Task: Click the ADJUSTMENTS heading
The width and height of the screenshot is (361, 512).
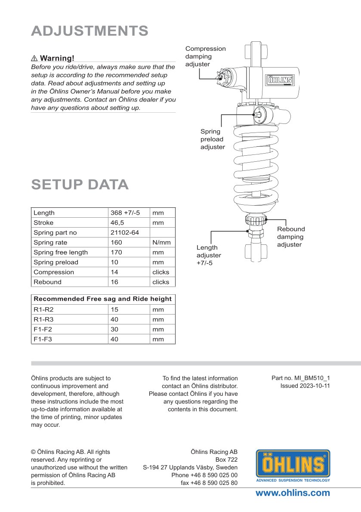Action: (x=90, y=31)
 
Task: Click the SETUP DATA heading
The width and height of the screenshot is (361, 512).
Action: (x=80, y=184)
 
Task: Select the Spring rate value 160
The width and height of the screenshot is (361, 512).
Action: (x=117, y=243)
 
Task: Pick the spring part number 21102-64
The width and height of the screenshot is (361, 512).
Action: (x=125, y=233)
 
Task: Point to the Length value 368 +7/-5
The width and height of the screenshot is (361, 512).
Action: (x=125, y=213)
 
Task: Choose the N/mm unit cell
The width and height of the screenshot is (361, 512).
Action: (x=161, y=243)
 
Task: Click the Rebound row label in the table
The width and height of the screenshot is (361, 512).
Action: (x=47, y=282)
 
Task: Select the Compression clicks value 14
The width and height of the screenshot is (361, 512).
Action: (x=114, y=272)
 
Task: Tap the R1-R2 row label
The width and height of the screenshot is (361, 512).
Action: (x=43, y=310)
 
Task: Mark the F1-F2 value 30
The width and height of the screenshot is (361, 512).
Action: (x=114, y=330)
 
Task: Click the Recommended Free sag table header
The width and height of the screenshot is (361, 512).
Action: (x=103, y=299)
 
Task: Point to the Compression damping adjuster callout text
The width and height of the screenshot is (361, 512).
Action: (x=205, y=56)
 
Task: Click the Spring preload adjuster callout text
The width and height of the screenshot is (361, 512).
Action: (x=213, y=139)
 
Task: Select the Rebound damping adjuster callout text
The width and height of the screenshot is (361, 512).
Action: (x=291, y=237)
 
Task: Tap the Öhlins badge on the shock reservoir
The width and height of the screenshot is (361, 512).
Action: (x=280, y=80)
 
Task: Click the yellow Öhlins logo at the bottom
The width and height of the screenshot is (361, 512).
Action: (x=293, y=465)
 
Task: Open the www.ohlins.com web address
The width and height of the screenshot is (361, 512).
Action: (x=293, y=493)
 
